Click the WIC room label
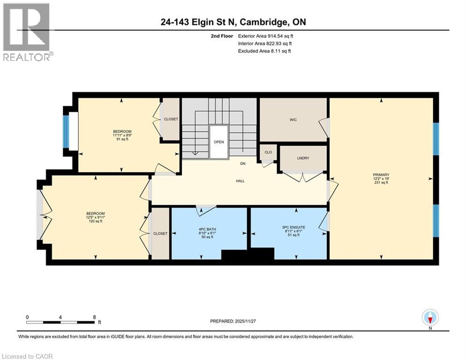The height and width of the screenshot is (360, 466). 293,120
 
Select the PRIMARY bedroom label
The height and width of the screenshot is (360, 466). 381,175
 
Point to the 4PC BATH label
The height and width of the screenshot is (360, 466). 208,229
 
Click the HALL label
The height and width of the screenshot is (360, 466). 240,180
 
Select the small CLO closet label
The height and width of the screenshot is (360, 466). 268,152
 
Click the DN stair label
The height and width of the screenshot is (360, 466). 243,164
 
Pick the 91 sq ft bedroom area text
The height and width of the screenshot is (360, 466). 122,139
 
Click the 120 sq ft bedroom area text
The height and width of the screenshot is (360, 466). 95,221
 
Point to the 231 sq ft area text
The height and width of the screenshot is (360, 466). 381,183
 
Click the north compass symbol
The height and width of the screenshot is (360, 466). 430,318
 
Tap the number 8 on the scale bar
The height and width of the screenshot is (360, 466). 95,317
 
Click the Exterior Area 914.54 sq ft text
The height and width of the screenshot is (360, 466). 266,36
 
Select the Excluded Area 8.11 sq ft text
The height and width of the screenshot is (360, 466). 265,51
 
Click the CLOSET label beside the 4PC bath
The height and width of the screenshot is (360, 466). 160,233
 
